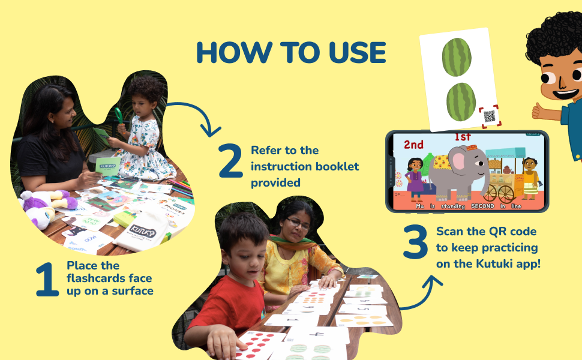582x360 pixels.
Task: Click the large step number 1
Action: pyautogui.click(x=47, y=280)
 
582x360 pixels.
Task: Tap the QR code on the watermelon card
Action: pyautogui.click(x=490, y=116)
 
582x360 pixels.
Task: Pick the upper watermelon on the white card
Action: pyautogui.click(x=457, y=57)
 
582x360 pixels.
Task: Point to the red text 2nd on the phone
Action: pyautogui.click(x=413, y=145)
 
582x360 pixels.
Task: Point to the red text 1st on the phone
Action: pyautogui.click(x=463, y=137)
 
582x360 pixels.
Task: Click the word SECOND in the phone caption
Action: pyautogui.click(x=479, y=206)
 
